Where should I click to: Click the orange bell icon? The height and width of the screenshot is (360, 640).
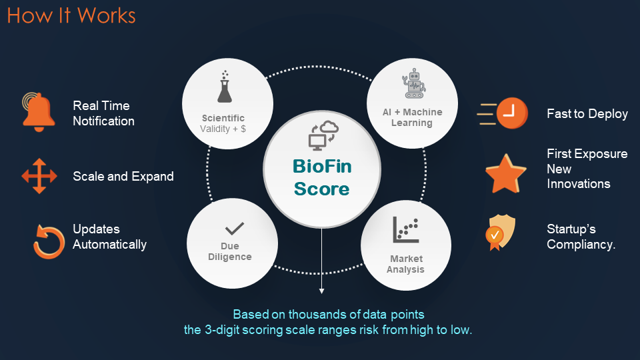click(x=39, y=112)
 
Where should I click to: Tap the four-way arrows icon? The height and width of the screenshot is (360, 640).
click(x=39, y=176)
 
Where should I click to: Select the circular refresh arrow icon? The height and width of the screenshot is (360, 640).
click(x=49, y=241)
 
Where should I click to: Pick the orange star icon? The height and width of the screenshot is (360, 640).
click(x=506, y=174)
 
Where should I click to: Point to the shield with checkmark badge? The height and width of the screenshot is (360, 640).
click(x=501, y=232)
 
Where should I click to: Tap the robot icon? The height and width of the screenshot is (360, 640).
click(x=414, y=83)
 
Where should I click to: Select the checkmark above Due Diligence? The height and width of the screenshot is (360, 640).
click(x=234, y=228)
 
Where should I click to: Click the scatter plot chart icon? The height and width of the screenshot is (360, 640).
click(x=406, y=230)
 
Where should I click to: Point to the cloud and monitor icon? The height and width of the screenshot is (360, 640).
click(x=323, y=135)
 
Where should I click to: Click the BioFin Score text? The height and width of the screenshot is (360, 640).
click(x=322, y=177)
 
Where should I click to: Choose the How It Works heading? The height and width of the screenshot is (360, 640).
click(x=71, y=15)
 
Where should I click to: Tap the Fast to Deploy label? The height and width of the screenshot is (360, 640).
click(x=587, y=113)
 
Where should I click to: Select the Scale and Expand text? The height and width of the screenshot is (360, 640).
click(x=123, y=176)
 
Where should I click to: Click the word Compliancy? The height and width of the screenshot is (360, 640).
click(x=581, y=245)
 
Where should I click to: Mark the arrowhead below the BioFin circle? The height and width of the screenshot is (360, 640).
click(x=321, y=291)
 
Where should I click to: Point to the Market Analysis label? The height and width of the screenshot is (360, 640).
click(x=406, y=264)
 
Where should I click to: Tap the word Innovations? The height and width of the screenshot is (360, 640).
click(x=579, y=184)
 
